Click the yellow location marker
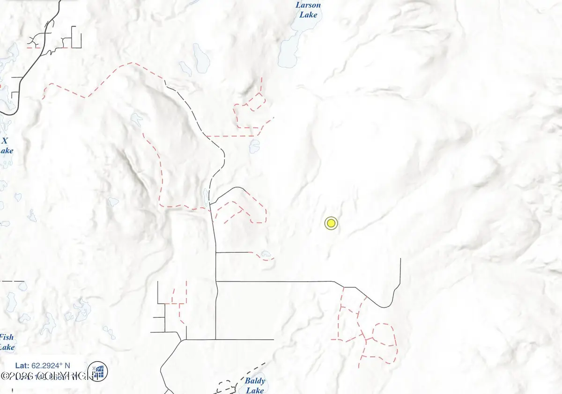pos(331,224)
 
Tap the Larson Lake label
pos(308,10)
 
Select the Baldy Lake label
pos(255,385)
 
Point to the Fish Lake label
pos(7,342)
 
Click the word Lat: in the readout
pos(22,365)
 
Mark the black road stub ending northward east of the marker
pos(401,271)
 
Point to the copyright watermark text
pos(44,376)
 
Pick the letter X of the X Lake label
pos(5,141)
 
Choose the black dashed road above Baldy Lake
pos(244,372)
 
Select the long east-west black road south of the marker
pos(276,281)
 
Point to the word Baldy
pos(255,381)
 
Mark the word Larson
pos(308,5)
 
